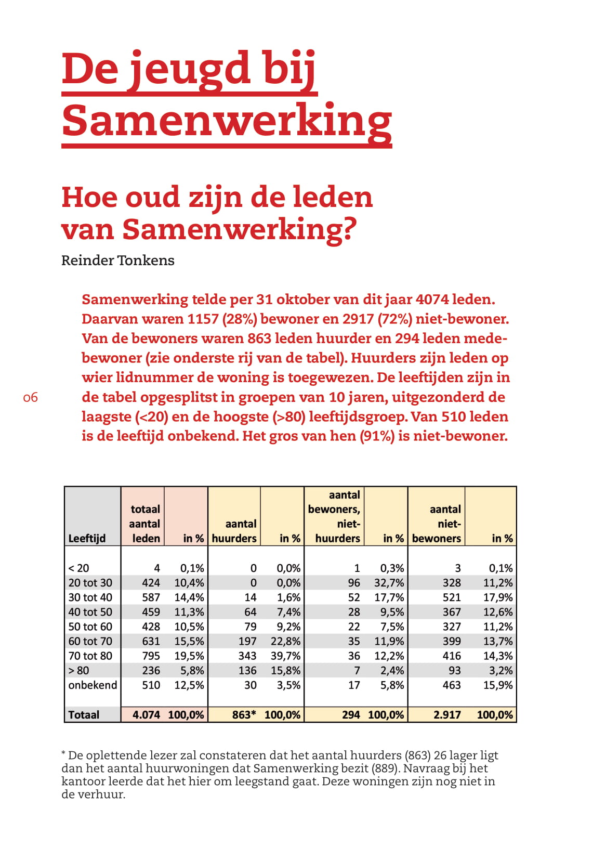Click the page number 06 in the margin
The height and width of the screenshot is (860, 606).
[x=31, y=398]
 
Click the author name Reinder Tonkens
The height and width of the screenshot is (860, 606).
[x=118, y=260]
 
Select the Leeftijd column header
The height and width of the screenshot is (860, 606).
[x=87, y=538]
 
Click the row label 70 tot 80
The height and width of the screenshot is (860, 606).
[x=90, y=656]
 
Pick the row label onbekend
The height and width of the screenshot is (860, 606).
[x=93, y=685]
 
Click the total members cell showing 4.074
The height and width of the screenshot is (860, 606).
[x=146, y=714]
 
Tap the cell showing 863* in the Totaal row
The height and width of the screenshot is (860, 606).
[x=244, y=714]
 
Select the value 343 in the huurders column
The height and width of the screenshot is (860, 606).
[x=248, y=656]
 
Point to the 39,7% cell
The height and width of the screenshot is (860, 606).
[x=285, y=656]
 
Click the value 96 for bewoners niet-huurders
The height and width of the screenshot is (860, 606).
[x=354, y=583]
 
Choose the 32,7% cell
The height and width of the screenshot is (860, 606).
[x=389, y=583]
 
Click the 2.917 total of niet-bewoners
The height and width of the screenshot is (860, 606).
[x=447, y=714]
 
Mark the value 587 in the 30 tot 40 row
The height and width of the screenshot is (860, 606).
[x=151, y=597]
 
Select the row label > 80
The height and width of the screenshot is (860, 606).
[x=78, y=670]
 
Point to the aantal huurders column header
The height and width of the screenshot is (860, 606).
[x=234, y=531]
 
